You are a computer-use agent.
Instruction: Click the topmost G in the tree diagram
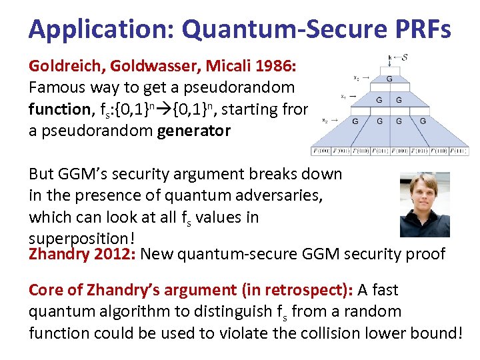(x=389, y=79)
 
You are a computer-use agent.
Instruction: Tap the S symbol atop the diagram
(x=405, y=57)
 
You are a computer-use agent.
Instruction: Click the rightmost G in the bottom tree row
(x=423, y=121)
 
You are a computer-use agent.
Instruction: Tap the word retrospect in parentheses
(x=309, y=290)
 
